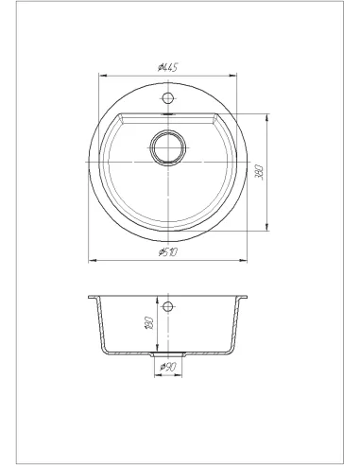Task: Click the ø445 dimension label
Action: (168, 67)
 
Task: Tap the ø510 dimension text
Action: (168, 252)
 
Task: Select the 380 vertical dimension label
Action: (260, 172)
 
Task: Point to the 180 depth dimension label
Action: (149, 323)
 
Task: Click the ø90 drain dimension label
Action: (168, 367)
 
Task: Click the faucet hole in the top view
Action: (168, 96)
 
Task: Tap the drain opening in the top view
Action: (167, 147)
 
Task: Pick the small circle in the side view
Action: (168, 305)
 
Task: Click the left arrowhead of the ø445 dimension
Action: (103, 76)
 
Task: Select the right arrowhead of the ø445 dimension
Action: (232, 76)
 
